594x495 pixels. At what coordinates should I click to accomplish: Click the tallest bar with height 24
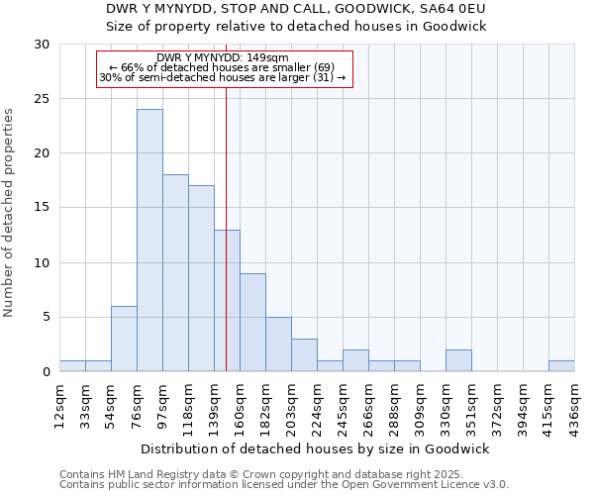[149, 241]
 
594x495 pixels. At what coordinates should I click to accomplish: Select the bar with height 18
[175, 273]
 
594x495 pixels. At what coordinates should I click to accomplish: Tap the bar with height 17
[201, 278]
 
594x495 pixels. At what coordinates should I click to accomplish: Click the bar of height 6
[124, 339]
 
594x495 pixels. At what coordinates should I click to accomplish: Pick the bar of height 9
[252, 322]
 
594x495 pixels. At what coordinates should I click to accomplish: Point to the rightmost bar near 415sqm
[561, 365]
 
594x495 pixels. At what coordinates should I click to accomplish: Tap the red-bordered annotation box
[225, 68]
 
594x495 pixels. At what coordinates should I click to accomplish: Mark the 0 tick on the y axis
[45, 371]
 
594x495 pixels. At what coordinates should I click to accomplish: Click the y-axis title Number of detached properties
[10, 213]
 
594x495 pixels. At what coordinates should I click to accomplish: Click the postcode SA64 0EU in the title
[451, 9]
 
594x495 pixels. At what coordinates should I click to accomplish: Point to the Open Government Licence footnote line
[284, 485]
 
